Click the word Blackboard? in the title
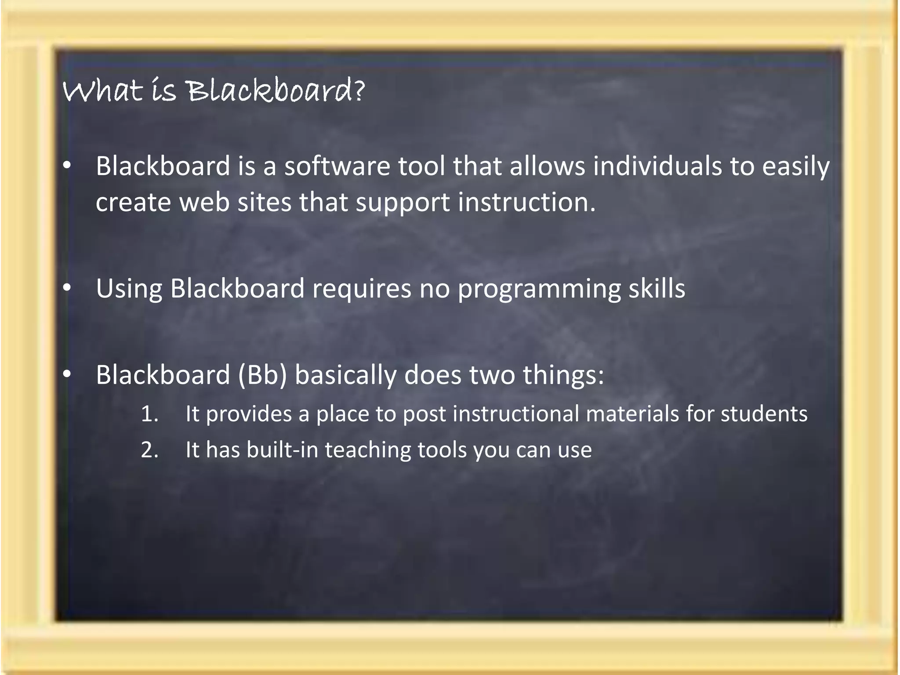click(x=276, y=91)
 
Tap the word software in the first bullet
click(x=337, y=167)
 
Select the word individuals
click(x=657, y=167)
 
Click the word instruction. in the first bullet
click(x=526, y=203)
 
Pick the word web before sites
click(x=204, y=203)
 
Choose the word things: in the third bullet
click(x=563, y=376)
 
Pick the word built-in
click(x=282, y=450)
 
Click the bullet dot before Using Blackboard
click(x=66, y=288)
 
